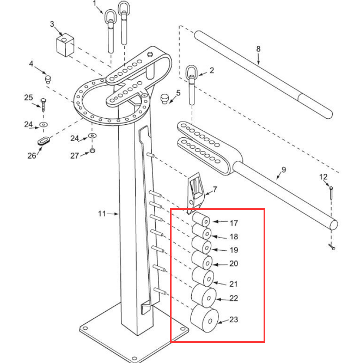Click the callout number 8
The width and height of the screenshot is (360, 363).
pyautogui.click(x=258, y=49)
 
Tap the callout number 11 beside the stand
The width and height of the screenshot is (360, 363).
pyautogui.click(x=102, y=214)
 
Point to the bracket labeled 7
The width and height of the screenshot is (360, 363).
pyautogui.click(x=193, y=191)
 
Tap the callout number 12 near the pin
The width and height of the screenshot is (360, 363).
pyautogui.click(x=323, y=177)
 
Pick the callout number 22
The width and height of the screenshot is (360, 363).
pyautogui.click(x=234, y=298)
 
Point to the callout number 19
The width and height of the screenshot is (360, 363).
pyautogui.click(x=234, y=250)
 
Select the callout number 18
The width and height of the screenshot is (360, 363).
pyautogui.click(x=234, y=237)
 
